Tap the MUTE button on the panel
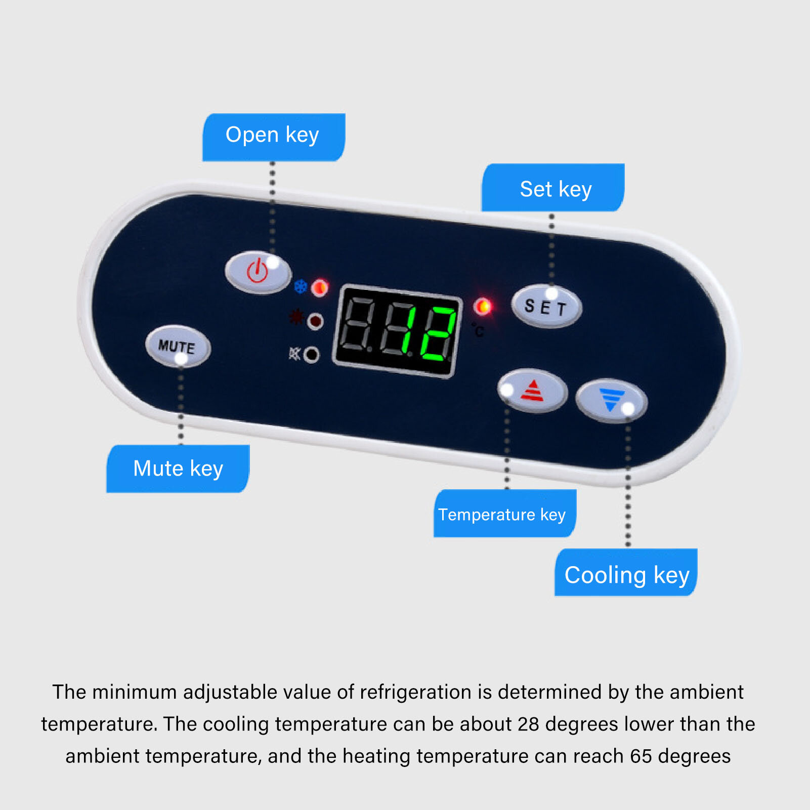point(178,347)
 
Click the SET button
point(546,307)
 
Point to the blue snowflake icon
point(301,286)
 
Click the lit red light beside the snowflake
point(320,288)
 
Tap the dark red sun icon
point(296,317)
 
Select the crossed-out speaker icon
point(294,353)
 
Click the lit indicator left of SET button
point(483,306)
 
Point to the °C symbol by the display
point(478,330)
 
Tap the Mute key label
point(178,468)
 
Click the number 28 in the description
point(528,724)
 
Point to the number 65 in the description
point(641,756)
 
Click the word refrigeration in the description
point(416,692)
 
